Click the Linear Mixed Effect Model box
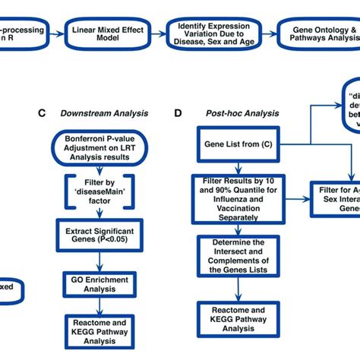(108, 34)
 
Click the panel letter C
(43, 114)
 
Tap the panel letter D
(178, 114)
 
